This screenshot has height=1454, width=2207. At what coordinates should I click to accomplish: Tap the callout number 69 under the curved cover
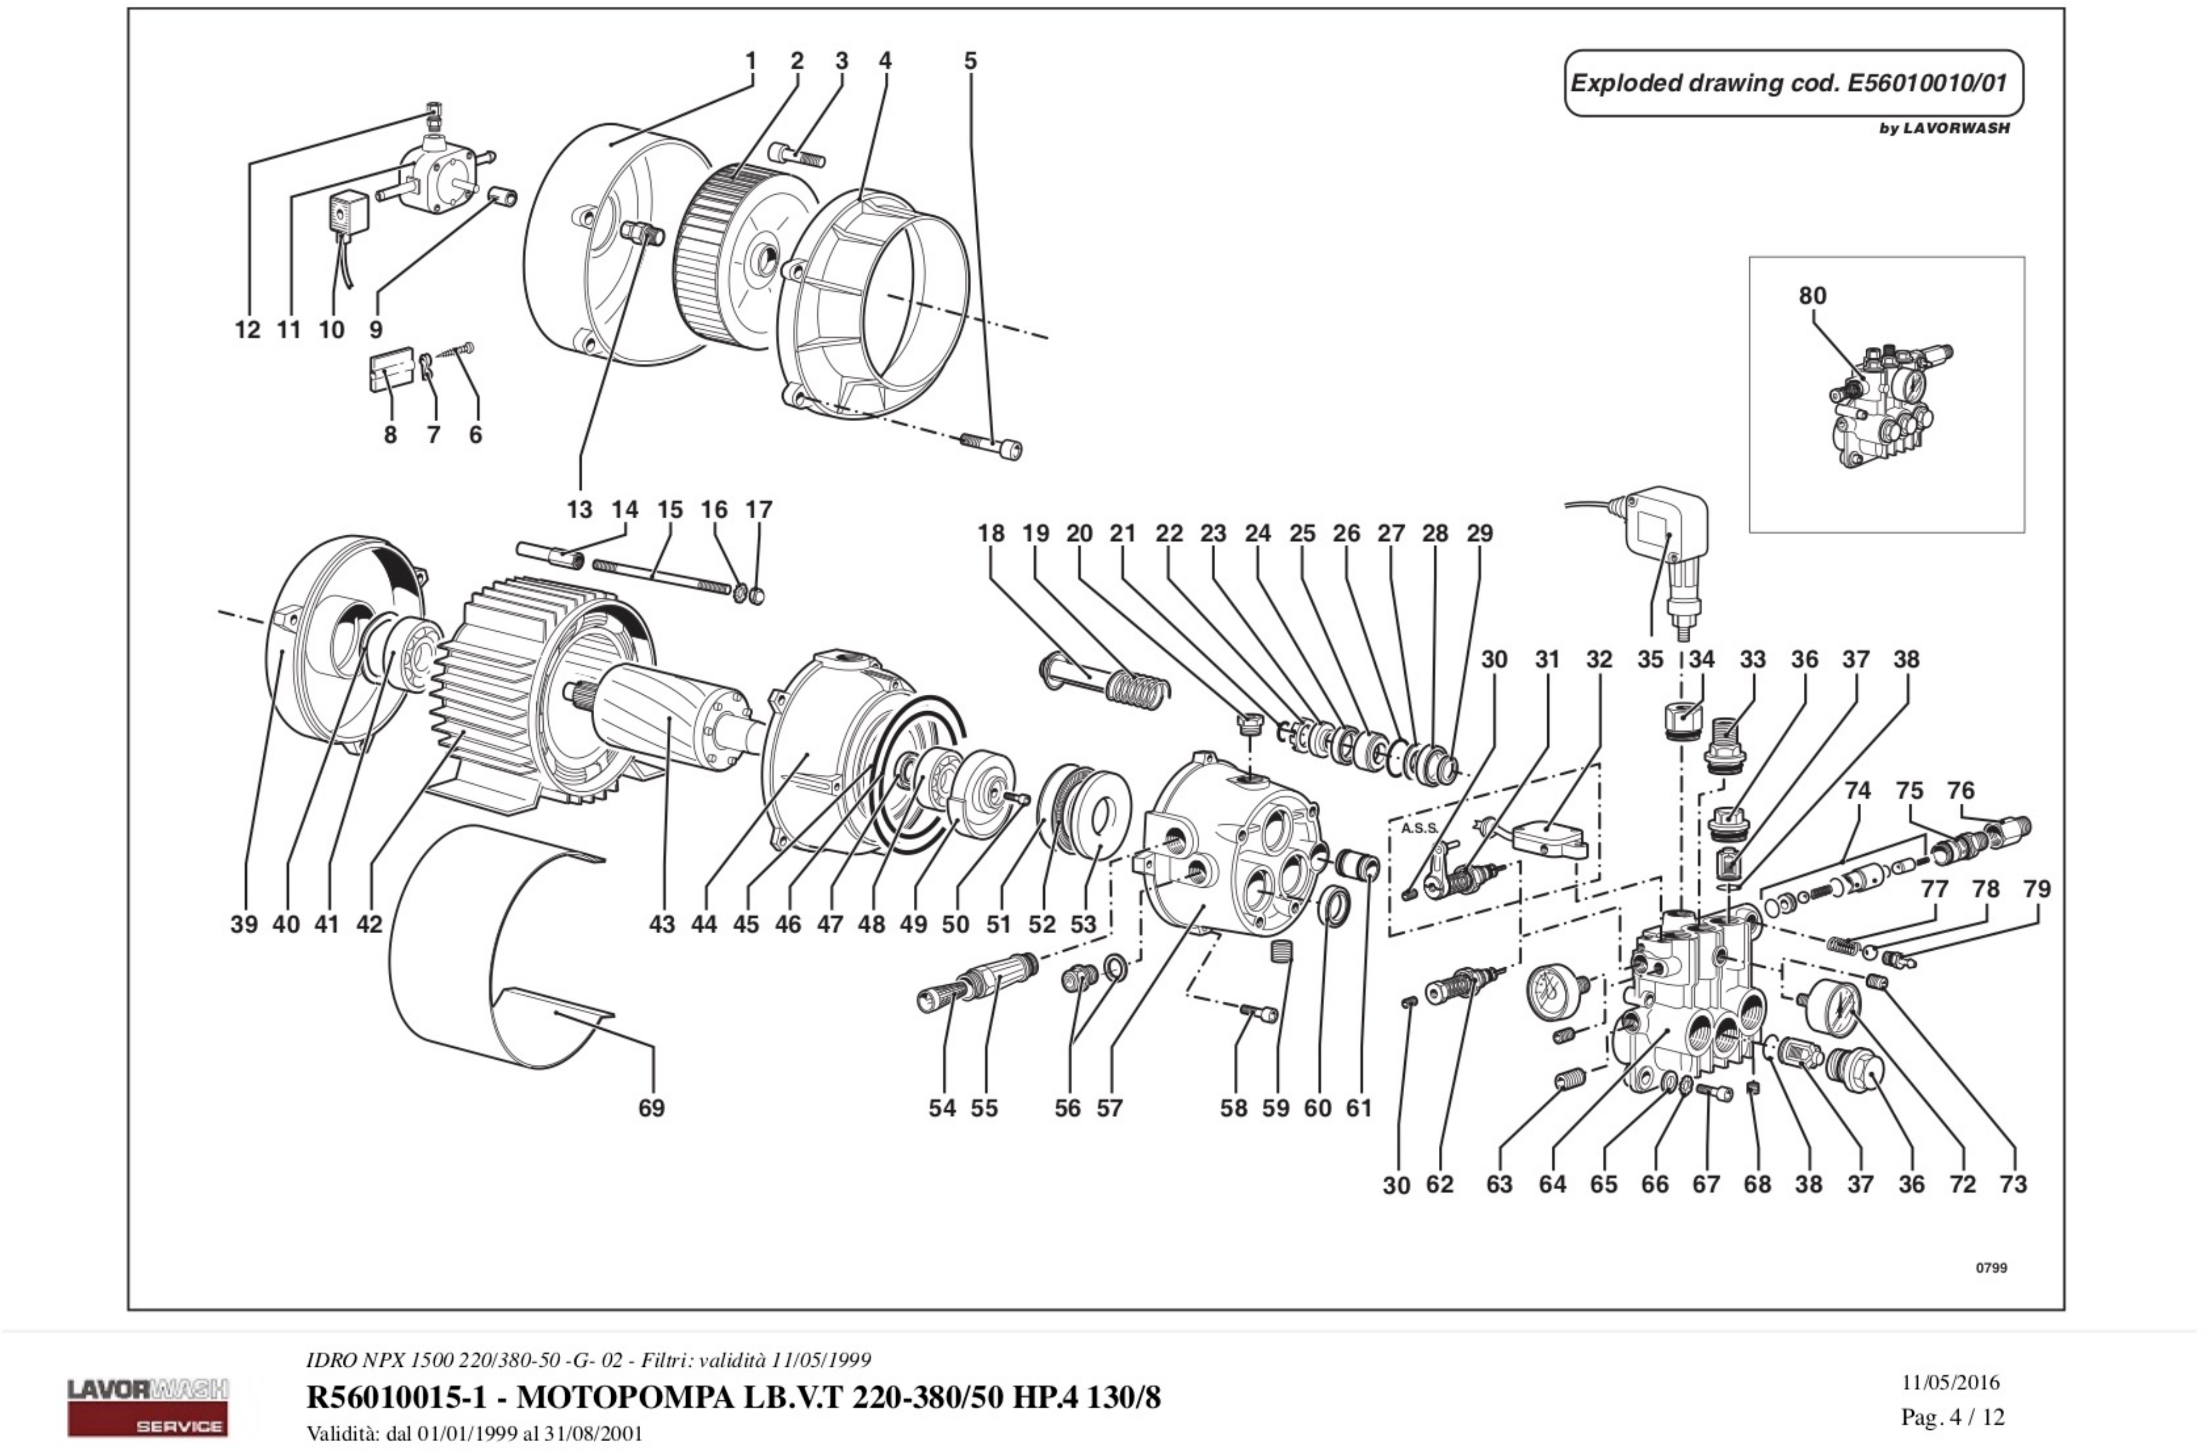(x=651, y=1108)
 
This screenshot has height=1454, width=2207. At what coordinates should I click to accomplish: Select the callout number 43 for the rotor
(x=661, y=924)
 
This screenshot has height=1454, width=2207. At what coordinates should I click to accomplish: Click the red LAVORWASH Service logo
(x=148, y=1407)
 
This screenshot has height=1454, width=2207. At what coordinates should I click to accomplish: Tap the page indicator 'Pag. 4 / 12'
(x=1952, y=1417)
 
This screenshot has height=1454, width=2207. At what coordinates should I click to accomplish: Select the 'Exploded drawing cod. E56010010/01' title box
(x=1792, y=84)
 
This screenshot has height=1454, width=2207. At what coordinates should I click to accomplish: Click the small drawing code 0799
(x=1991, y=1268)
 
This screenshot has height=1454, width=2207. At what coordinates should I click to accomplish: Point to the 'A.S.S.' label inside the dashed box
(x=1420, y=828)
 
